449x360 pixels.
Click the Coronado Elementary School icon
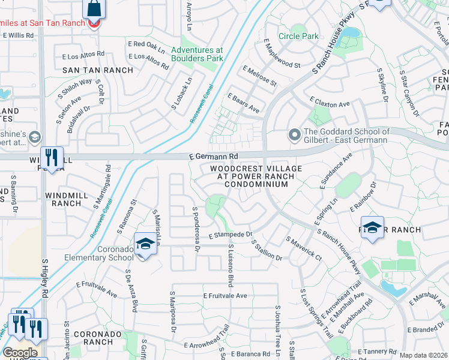click(x=145, y=244)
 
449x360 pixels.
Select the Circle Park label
click(x=298, y=36)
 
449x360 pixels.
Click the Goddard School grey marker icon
click(x=294, y=135)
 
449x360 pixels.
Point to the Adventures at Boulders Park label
click(x=197, y=54)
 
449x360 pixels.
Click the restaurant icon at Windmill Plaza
click(x=52, y=158)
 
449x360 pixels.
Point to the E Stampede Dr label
click(x=230, y=235)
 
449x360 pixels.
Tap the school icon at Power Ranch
click(x=373, y=229)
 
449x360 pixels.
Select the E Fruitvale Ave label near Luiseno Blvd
click(x=225, y=296)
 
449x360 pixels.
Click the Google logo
click(x=20, y=353)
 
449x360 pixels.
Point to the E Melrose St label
click(x=259, y=76)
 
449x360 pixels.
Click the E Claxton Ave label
click(x=329, y=104)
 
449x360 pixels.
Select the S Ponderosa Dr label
click(x=195, y=229)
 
